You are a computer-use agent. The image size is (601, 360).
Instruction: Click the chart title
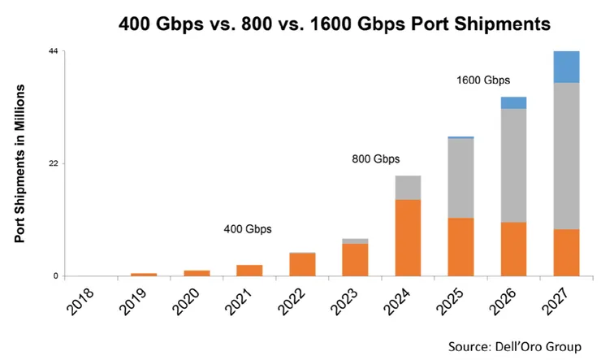(335, 24)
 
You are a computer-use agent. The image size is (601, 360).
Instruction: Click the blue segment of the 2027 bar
(566, 67)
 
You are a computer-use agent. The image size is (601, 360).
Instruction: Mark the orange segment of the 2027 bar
(566, 253)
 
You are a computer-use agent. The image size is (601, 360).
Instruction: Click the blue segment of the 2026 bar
(513, 102)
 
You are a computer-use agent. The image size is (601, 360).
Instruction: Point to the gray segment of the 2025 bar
(460, 178)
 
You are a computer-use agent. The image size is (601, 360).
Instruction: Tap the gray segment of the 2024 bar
(408, 188)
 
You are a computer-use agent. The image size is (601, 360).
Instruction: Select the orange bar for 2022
(302, 264)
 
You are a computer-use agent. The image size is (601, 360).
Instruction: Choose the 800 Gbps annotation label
(376, 159)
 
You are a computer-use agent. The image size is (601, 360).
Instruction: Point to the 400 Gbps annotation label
(248, 229)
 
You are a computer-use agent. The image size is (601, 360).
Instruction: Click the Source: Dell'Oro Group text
(515, 346)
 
